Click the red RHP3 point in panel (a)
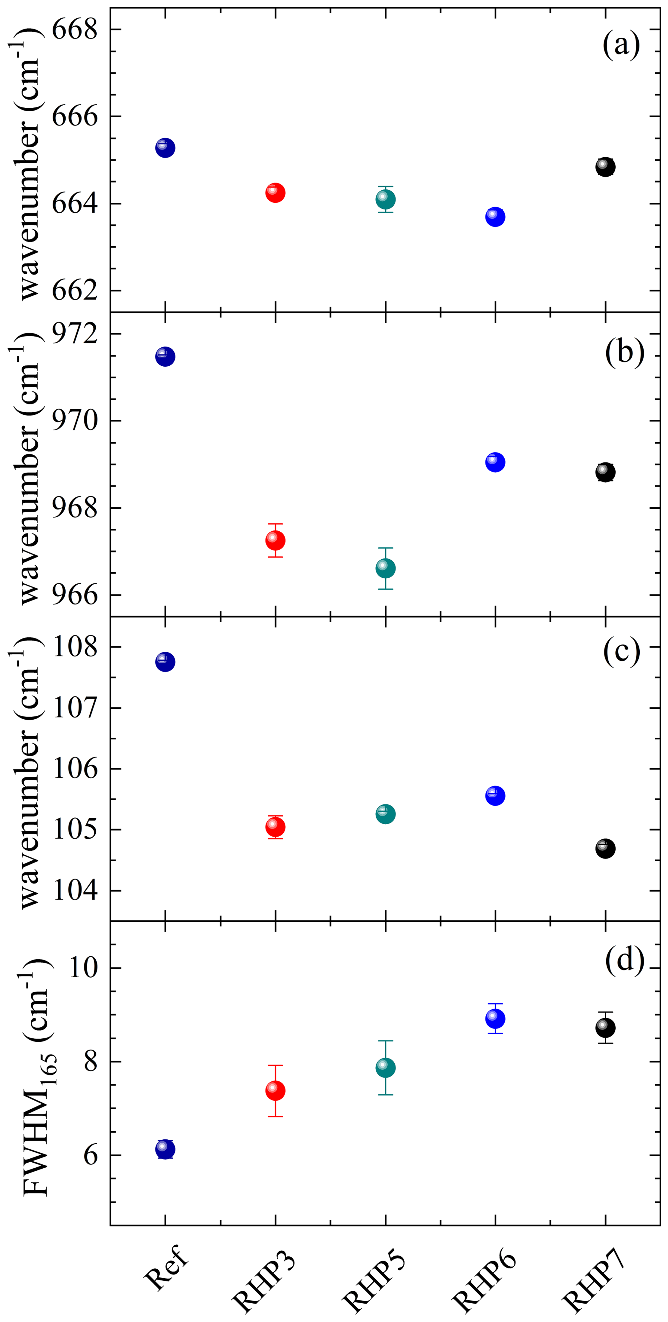tap(275, 193)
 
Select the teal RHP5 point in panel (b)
tap(385, 568)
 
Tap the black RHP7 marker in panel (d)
tap(606, 1028)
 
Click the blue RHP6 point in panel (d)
tap(495, 1019)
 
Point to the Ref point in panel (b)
tap(165, 357)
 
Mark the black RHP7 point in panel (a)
tap(606, 167)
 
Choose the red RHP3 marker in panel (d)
tap(275, 1091)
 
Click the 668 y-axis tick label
tap(75, 30)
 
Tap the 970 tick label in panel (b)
tap(75, 421)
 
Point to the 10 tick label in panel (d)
tap(83, 968)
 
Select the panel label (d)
tap(624, 959)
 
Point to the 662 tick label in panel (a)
tap(75, 290)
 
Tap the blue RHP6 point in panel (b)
tap(495, 462)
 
